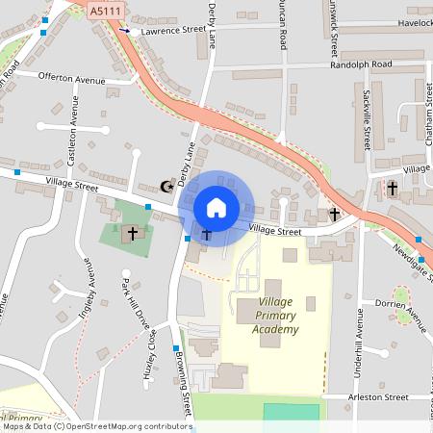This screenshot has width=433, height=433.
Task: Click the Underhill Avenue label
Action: coord(360,367)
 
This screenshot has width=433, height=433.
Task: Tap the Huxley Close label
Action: coord(151,355)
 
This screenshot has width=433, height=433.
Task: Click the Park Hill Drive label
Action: coord(133,307)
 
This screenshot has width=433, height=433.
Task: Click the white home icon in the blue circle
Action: coord(216,207)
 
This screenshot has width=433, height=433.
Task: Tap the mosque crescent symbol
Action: coord(166,186)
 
